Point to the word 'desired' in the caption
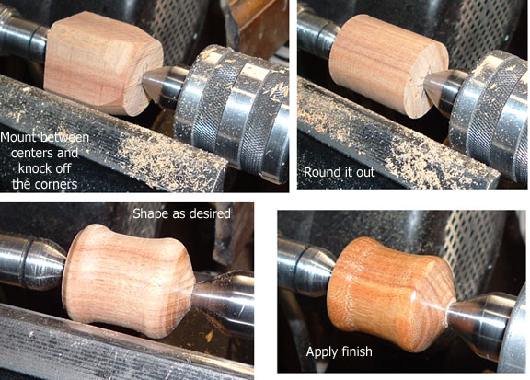tap(211, 213)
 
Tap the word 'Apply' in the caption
tap(319, 352)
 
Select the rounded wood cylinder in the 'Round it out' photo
tap(387, 64)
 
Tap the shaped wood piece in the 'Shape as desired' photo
tap(129, 281)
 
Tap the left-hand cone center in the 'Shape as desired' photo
tap(46, 260)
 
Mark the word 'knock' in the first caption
tap(34, 168)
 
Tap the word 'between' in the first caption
tap(65, 138)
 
